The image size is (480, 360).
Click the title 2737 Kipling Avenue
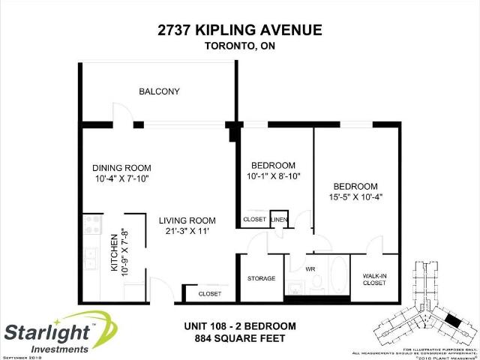pyautogui.click(x=240, y=30)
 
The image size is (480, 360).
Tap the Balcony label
pyautogui.click(x=159, y=91)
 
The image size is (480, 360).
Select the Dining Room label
pyautogui.click(x=121, y=167)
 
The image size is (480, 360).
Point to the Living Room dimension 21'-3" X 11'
pyautogui.click(x=187, y=232)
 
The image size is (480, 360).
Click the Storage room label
pyautogui.click(x=262, y=278)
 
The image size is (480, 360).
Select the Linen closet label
pyautogui.click(x=279, y=220)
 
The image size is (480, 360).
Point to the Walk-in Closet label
pyautogui.click(x=374, y=279)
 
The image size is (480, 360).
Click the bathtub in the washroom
pyautogui.click(x=337, y=276)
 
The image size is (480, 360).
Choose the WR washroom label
pyautogui.click(x=310, y=267)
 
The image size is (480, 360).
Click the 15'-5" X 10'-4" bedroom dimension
pyautogui.click(x=356, y=196)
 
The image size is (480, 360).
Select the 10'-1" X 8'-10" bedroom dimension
pyautogui.click(x=273, y=176)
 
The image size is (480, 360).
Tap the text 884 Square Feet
pyautogui.click(x=240, y=338)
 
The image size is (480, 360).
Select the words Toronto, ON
pyautogui.click(x=240, y=46)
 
